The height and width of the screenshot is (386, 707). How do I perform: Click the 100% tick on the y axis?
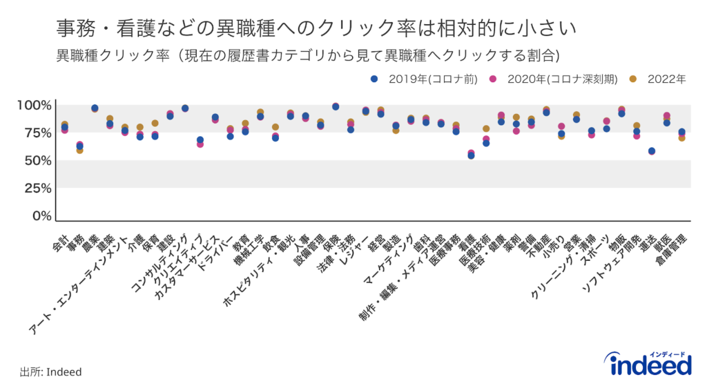[x=34, y=105]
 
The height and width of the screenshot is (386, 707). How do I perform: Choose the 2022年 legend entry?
[x=660, y=79]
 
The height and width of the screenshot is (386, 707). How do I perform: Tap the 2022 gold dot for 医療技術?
[x=486, y=128]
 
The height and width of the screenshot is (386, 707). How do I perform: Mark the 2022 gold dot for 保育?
[x=155, y=123]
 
